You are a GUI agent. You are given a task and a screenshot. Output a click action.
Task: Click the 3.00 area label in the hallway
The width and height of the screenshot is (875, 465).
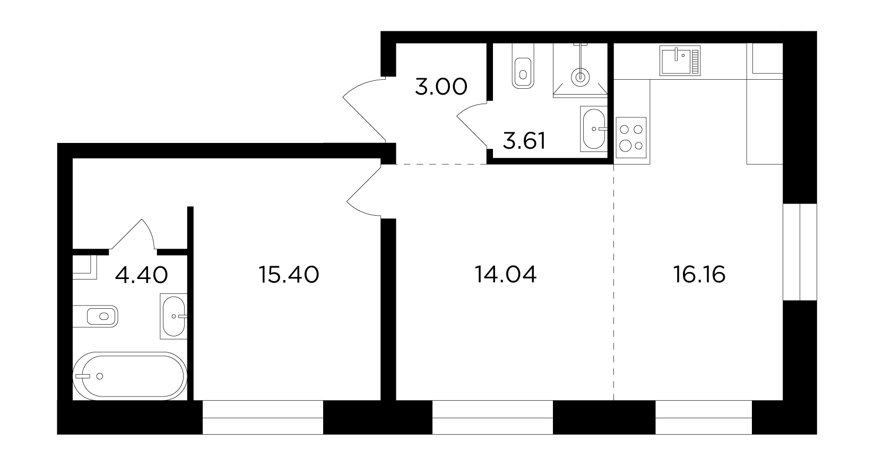(441, 87)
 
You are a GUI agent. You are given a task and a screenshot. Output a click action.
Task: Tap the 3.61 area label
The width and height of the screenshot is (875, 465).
(524, 141)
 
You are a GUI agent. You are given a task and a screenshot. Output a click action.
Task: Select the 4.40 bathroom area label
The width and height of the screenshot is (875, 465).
(141, 275)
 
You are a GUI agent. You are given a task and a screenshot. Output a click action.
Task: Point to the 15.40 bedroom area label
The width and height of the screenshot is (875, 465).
(289, 275)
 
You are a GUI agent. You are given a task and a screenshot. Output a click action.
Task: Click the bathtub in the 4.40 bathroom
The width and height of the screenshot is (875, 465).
(130, 376)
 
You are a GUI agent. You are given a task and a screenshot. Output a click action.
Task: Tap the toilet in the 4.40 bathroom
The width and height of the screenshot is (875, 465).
(96, 316)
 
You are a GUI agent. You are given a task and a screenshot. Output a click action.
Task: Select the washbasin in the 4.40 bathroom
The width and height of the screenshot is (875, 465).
(174, 316)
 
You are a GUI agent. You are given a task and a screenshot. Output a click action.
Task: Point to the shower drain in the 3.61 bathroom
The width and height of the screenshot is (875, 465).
(580, 77)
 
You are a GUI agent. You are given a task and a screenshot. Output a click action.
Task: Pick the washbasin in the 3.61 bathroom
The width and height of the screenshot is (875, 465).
(594, 129)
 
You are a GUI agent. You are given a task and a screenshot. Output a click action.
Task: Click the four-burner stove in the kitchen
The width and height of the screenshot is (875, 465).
(631, 138)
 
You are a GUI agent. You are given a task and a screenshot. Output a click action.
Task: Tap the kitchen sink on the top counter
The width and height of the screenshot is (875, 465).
(680, 61)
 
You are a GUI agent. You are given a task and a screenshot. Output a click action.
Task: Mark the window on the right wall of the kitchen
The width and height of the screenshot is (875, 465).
(800, 252)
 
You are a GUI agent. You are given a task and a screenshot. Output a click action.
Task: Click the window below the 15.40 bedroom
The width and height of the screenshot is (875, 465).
(263, 417)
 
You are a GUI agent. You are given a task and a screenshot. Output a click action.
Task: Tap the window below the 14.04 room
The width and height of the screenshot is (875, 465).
(492, 417)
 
